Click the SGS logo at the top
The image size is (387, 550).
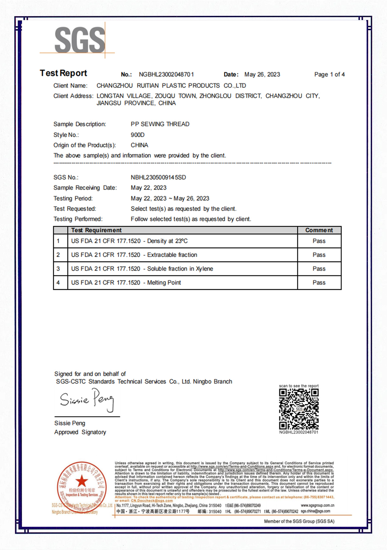(x=80, y=40)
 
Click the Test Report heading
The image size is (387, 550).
(x=63, y=73)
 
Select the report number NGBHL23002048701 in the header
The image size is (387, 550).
(x=166, y=74)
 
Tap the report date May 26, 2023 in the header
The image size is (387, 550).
(x=262, y=74)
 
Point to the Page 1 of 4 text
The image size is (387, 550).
(x=329, y=74)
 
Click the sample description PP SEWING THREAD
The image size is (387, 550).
(x=160, y=124)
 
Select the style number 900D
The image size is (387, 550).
(x=137, y=135)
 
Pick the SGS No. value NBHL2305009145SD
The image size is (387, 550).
(x=158, y=177)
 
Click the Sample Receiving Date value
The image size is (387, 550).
(x=148, y=188)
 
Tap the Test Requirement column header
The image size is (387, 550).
(x=96, y=230)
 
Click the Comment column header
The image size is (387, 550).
(x=319, y=230)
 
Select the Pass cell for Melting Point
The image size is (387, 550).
(x=319, y=282)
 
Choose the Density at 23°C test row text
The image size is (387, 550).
(x=129, y=241)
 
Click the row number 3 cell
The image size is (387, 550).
(x=58, y=269)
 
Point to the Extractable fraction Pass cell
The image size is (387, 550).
(x=319, y=255)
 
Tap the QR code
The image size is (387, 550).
(x=299, y=409)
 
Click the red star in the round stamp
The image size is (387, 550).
(x=81, y=481)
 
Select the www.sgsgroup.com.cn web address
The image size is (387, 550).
(x=317, y=505)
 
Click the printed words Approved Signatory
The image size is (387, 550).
(x=80, y=432)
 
